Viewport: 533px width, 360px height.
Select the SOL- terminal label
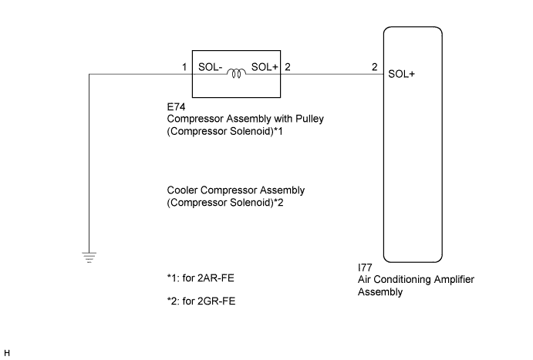211,68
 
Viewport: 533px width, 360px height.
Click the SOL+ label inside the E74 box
265,68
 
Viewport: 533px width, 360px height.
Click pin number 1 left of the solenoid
185,67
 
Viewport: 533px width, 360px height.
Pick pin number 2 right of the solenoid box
288,67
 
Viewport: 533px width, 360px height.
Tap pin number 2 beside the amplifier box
374,67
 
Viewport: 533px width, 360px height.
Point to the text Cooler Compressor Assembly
235,190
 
